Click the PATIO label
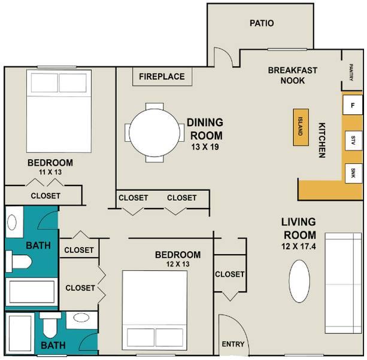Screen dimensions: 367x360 coord(262,23)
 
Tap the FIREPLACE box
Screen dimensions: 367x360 coord(162,77)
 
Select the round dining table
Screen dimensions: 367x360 coord(154,133)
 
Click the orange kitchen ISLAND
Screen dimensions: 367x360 coord(301,127)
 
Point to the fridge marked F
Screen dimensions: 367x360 coord(353,105)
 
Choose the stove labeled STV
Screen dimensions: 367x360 coord(353,141)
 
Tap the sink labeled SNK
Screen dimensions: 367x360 coord(353,173)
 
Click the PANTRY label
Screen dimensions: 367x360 coord(351,72)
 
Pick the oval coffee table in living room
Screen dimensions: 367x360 coord(299,281)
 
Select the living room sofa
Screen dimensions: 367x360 coord(344,283)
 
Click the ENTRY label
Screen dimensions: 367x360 coord(233,344)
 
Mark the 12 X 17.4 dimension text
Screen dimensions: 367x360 coord(299,246)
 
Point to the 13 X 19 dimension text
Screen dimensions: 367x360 coord(205,147)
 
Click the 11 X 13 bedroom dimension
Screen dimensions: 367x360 coord(50,172)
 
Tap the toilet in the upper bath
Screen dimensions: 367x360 coord(19,261)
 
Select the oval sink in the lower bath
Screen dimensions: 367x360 coord(81,318)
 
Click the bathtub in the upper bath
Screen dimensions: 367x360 coord(32,292)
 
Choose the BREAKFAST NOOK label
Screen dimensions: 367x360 coord(293,75)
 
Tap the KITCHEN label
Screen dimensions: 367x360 coord(322,141)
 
